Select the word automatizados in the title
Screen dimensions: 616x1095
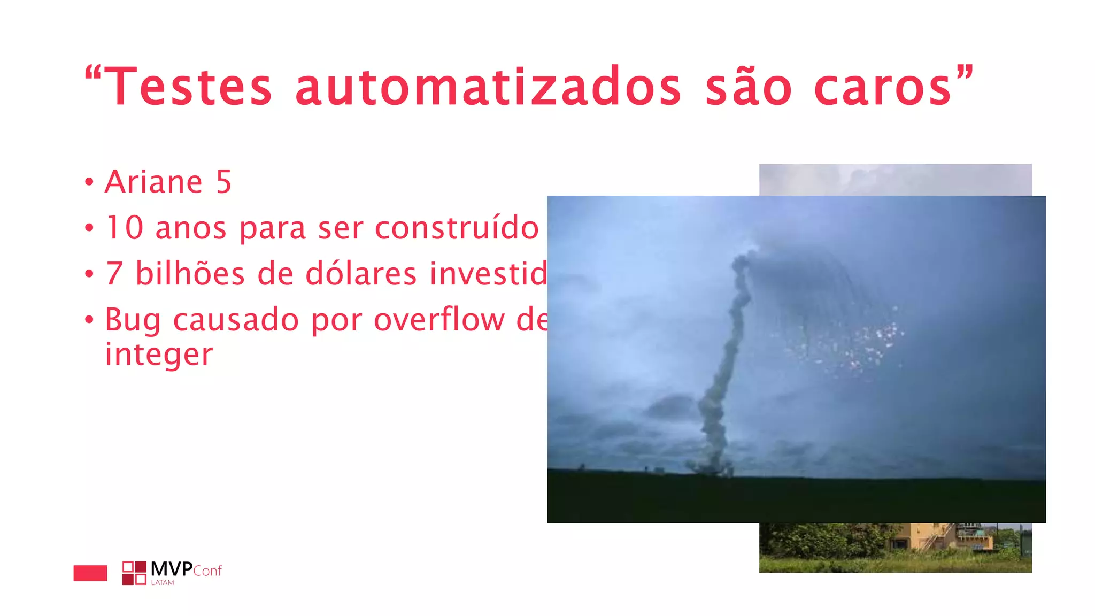click(488, 87)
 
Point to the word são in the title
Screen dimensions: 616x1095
click(748, 87)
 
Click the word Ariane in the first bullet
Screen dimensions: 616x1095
click(153, 182)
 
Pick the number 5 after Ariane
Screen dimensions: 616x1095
click(224, 182)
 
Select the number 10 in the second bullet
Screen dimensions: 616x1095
click(125, 228)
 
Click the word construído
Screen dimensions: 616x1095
click(457, 228)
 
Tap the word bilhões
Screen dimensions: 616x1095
click(190, 274)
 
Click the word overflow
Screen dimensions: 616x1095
click(438, 320)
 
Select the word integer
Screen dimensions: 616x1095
click(159, 355)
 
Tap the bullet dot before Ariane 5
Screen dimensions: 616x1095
click(89, 182)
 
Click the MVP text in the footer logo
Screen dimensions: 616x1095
click(172, 569)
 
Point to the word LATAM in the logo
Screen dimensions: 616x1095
click(163, 583)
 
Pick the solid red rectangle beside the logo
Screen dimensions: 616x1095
click(90, 573)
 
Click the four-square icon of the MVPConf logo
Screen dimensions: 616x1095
click(134, 573)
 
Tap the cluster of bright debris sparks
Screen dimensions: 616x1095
click(855, 345)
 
